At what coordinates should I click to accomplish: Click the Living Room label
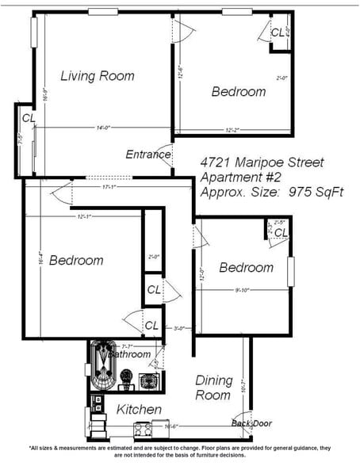click(x=98, y=76)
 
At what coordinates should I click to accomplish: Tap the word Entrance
click(x=148, y=155)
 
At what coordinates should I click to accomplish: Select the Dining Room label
click(x=213, y=387)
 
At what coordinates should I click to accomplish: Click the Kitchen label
click(x=140, y=410)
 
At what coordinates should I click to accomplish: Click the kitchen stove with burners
click(x=144, y=430)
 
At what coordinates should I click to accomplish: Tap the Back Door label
click(x=251, y=423)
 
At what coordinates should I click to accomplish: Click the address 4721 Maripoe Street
click(x=262, y=162)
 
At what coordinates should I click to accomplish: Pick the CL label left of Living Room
click(x=29, y=118)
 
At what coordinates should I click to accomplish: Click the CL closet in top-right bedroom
click(x=278, y=32)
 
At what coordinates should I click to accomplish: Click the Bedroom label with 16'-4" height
click(x=76, y=260)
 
